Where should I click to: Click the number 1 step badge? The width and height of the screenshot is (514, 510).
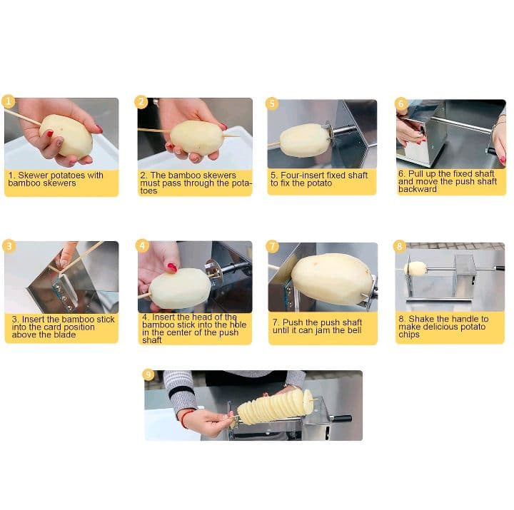pos(8,101)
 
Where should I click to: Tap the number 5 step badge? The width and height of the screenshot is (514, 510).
pos(272,103)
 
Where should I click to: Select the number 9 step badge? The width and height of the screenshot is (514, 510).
pos(148,374)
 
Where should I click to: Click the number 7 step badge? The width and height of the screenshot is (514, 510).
pos(273,246)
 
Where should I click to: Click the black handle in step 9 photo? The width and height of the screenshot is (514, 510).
pos(341,418)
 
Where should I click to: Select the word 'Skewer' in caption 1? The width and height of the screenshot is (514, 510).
pos(32,175)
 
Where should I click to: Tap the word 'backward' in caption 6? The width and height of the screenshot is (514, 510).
pos(418,189)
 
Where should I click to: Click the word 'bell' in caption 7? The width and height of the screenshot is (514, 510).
pos(355,330)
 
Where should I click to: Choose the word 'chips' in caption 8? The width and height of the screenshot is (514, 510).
pos(409,335)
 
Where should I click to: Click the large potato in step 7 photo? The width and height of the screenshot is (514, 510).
pos(332,280)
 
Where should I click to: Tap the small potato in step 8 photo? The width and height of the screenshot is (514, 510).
pos(415,269)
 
